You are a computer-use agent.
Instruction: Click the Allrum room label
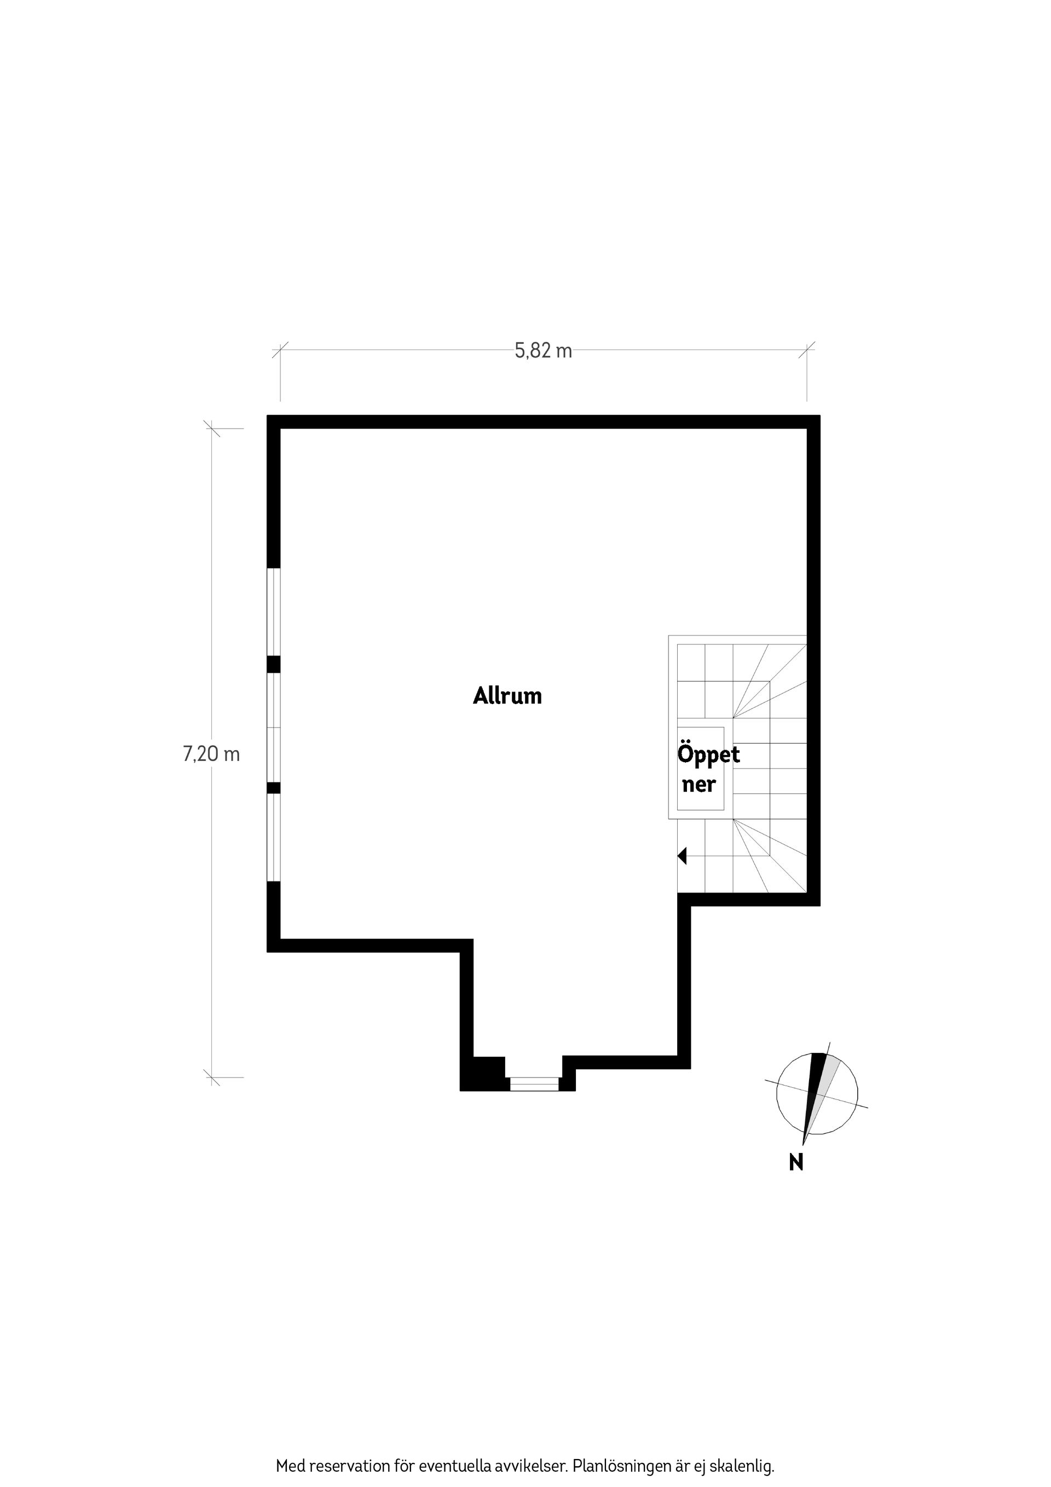point(507,696)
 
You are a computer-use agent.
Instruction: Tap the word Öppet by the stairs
point(708,755)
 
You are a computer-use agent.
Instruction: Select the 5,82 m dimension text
point(544,351)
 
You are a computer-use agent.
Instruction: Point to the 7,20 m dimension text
point(212,754)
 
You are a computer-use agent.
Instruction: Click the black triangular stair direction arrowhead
point(682,856)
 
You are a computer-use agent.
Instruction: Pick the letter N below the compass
point(796,1162)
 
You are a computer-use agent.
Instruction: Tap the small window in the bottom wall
point(534,1083)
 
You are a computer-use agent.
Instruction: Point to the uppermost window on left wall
point(274,612)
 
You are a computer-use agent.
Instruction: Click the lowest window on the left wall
point(274,838)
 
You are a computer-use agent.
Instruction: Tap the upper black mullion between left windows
point(274,665)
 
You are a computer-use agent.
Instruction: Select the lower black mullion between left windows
point(274,787)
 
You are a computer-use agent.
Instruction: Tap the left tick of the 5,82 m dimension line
point(280,350)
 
